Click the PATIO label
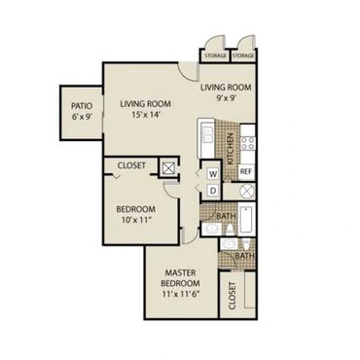(x=82, y=106)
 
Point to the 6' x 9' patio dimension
(x=82, y=117)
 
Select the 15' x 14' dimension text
(x=145, y=115)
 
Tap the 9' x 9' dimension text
(x=226, y=98)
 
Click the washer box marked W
(x=213, y=174)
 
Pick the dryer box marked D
(x=213, y=191)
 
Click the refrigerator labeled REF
(x=246, y=171)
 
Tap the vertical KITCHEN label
(x=230, y=149)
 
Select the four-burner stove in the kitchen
(x=248, y=143)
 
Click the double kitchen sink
(x=206, y=134)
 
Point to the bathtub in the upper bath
(x=247, y=219)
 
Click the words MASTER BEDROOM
(x=180, y=278)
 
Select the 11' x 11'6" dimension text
(x=180, y=295)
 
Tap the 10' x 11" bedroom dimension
(x=136, y=220)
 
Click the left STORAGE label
(x=215, y=55)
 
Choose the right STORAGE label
(x=243, y=55)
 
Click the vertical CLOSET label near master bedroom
(x=232, y=296)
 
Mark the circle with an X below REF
(x=247, y=191)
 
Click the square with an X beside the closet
(x=168, y=167)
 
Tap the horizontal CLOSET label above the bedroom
(x=131, y=165)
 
